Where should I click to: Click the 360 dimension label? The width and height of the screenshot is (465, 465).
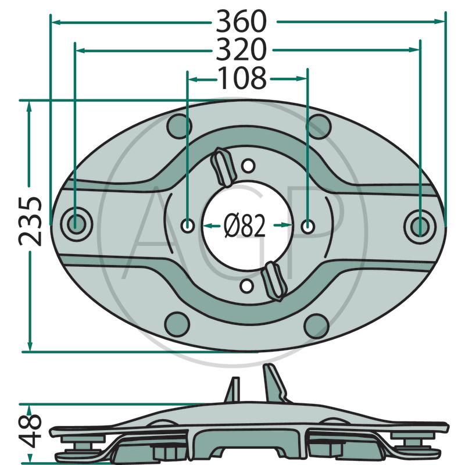(x=241, y=22)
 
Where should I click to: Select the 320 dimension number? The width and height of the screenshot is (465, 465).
(x=241, y=49)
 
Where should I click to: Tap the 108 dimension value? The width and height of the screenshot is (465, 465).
(x=242, y=78)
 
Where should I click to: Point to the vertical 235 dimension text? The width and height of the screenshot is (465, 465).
(x=30, y=221)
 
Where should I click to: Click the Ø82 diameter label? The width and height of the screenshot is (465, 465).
(x=245, y=226)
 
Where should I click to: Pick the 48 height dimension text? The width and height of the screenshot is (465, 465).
(x=30, y=431)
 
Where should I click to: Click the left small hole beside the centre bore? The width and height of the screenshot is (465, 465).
(x=188, y=226)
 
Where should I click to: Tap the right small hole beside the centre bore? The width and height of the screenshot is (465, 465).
(x=308, y=227)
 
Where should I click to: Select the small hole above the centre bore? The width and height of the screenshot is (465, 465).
(x=248, y=166)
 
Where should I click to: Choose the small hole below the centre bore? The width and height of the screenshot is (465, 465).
(x=246, y=286)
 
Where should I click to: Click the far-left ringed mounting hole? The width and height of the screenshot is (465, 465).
(x=76, y=224)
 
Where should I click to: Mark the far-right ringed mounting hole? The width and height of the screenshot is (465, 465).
(x=420, y=226)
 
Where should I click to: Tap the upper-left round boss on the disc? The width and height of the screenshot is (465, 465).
(x=180, y=126)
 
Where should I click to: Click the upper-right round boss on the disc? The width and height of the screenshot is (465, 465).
(x=318, y=127)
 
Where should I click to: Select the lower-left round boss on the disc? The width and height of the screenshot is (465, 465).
(x=177, y=325)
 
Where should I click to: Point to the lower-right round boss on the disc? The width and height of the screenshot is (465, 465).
(x=316, y=326)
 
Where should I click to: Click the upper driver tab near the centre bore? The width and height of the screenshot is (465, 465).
(x=223, y=167)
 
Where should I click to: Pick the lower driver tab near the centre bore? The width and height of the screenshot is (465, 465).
(x=274, y=281)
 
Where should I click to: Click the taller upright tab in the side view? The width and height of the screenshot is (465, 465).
(x=274, y=382)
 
